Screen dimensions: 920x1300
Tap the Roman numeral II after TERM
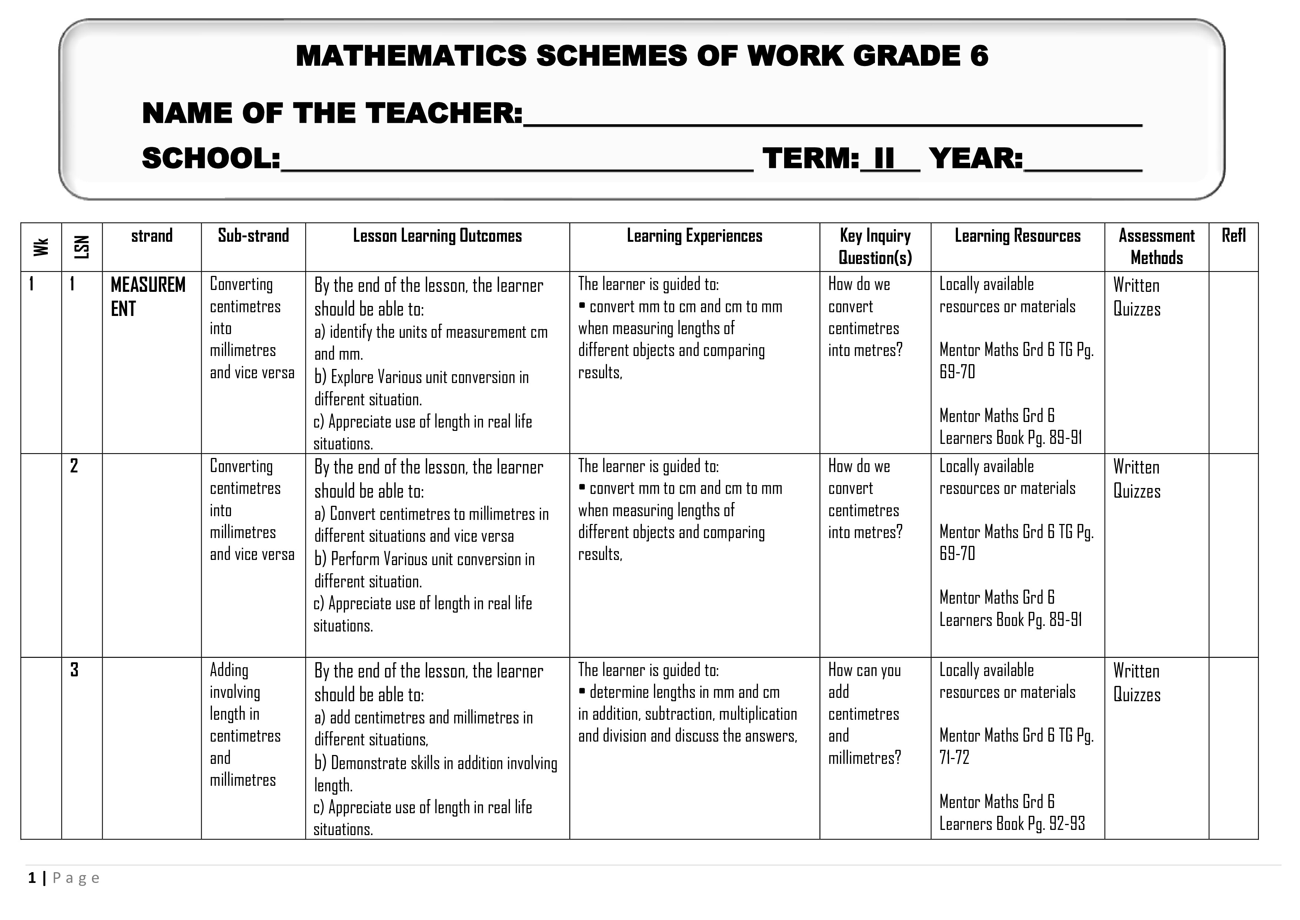[884, 159]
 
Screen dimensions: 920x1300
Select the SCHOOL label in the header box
[210, 159]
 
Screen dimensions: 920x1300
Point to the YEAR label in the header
[975, 159]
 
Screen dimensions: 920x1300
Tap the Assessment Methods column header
[1156, 247]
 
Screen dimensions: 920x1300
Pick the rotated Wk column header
[41, 247]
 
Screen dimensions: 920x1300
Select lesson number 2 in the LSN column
[74, 466]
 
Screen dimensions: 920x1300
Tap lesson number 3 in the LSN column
[74, 670]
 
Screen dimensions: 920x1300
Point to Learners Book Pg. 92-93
[1012, 824]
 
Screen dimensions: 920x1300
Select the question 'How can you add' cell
[864, 681]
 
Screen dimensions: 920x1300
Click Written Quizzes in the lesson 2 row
[1136, 479]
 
